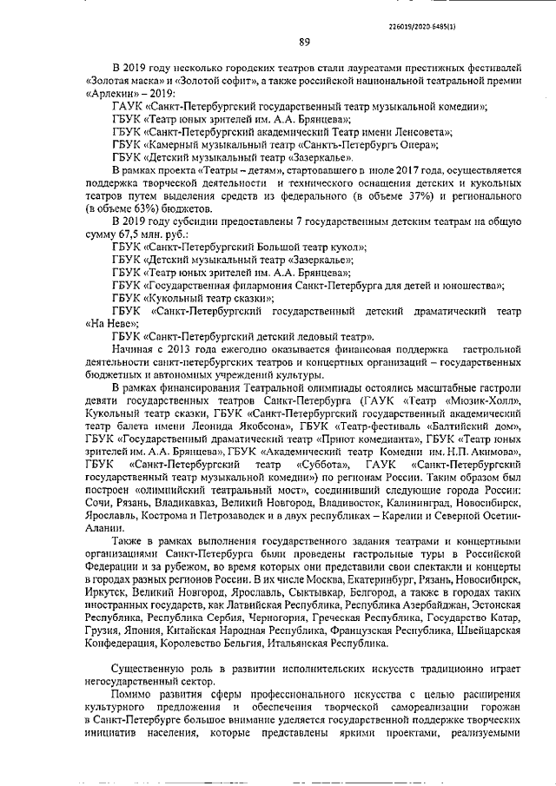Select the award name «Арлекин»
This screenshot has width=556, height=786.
[110, 92]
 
